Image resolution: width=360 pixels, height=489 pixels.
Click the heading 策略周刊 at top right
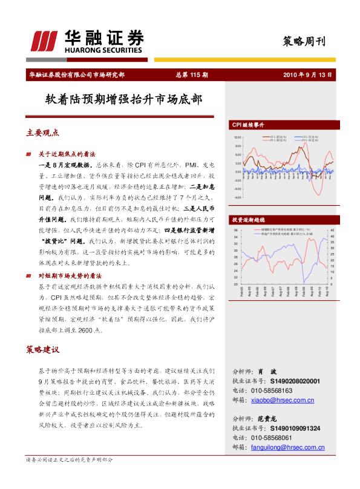pos(304,42)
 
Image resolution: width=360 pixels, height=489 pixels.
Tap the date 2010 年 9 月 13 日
pos(308,75)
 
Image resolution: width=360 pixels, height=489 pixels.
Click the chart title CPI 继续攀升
pos(249,125)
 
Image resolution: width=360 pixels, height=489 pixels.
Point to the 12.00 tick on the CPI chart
pos(237,137)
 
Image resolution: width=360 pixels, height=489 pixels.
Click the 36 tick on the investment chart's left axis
pos(235,231)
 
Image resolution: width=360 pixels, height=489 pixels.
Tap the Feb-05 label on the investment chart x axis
pos(240,292)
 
